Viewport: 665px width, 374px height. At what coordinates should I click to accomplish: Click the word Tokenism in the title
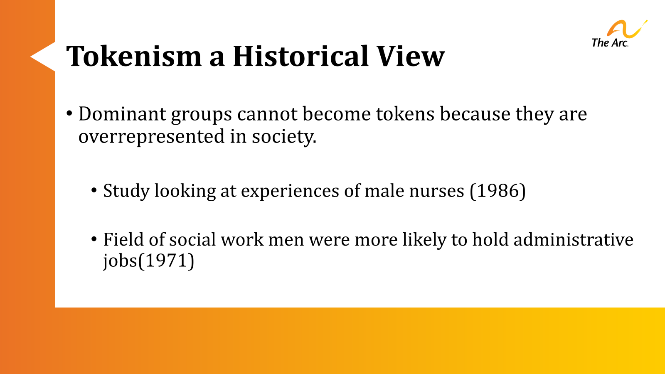[134, 56]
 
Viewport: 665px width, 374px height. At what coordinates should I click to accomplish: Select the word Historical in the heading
[300, 56]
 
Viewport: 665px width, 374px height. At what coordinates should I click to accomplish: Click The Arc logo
[618, 34]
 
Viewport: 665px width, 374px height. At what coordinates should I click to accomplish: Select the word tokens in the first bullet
[405, 114]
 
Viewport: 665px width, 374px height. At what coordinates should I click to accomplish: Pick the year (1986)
[498, 191]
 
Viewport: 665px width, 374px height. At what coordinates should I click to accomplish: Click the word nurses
[436, 191]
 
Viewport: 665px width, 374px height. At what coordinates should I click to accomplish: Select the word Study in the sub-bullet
[126, 191]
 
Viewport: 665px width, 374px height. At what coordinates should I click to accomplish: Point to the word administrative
[573, 239]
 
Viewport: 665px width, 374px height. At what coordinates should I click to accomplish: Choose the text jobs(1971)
[149, 261]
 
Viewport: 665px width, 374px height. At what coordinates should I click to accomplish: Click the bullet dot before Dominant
[70, 113]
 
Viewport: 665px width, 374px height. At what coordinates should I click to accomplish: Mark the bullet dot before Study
[94, 191]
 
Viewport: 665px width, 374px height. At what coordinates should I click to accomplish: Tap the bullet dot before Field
[94, 239]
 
